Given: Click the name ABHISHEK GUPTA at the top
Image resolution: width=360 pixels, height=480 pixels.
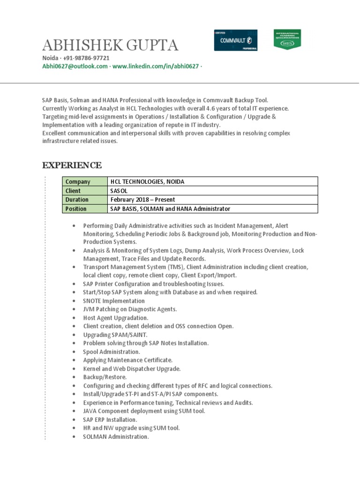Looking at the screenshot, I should tap(110, 45).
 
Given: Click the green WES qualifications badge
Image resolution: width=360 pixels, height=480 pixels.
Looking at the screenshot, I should tap(287, 40).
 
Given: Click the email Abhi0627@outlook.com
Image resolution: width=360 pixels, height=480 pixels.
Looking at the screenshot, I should tap(75, 67).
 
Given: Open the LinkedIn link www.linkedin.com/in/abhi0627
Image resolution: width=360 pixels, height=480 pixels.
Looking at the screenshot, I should tap(156, 67).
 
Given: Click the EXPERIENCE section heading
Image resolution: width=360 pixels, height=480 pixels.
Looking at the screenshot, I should tap(72, 165).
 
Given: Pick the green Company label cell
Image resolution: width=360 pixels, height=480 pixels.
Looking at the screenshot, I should tap(84, 182).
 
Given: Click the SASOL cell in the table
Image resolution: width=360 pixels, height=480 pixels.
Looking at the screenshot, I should tap(119, 191).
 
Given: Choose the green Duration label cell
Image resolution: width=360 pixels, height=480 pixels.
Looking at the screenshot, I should tap(84, 200).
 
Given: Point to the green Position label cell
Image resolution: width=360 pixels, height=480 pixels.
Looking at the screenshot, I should tap(84, 209).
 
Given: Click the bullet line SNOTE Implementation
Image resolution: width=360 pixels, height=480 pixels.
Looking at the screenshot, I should tap(114, 301).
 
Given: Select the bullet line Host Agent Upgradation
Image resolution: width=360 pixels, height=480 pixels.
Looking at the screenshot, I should tap(116, 318).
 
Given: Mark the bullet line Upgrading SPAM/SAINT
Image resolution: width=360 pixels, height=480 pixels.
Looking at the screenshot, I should tap(115, 335).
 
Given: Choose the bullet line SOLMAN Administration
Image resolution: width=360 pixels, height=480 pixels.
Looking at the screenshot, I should tap(116, 436).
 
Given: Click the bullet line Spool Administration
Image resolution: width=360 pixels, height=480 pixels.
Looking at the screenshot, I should tap(112, 352).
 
